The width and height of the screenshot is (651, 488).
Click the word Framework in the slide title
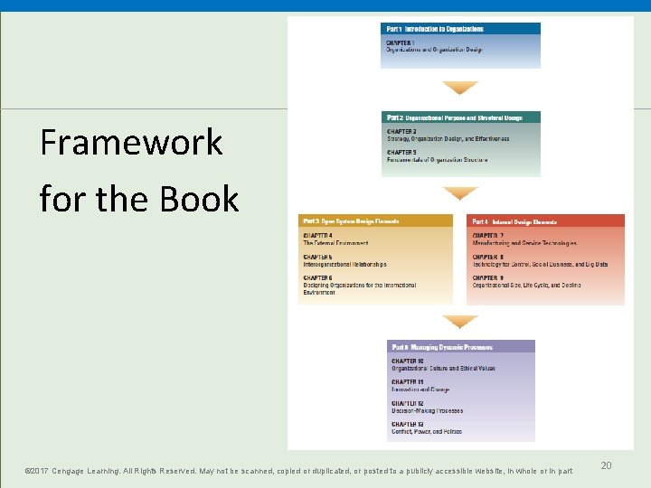point(131,143)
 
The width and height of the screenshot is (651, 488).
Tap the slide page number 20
point(606,465)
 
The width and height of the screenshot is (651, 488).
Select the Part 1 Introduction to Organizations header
point(460,29)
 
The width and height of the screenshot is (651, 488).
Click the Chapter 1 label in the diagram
point(401,42)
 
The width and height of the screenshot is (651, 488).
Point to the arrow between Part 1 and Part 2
point(460,88)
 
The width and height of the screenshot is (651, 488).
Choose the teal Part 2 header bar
point(460,117)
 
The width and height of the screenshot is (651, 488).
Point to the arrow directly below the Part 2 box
point(460,193)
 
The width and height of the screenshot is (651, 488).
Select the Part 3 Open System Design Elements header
point(375,221)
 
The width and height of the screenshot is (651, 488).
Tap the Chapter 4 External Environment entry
point(335,239)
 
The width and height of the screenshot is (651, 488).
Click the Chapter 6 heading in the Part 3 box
point(317,277)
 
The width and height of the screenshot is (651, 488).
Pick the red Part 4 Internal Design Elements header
point(545,221)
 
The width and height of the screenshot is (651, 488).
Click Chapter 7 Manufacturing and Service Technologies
point(524,239)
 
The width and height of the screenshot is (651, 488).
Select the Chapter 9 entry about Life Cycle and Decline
point(526,281)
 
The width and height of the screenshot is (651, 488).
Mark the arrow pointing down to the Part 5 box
point(460,322)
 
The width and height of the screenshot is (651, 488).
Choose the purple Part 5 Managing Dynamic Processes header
point(460,346)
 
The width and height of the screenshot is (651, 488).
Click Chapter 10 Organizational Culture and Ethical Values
point(443,365)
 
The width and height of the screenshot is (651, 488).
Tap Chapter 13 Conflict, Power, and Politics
point(427,427)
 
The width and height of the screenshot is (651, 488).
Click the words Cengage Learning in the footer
point(90,471)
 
